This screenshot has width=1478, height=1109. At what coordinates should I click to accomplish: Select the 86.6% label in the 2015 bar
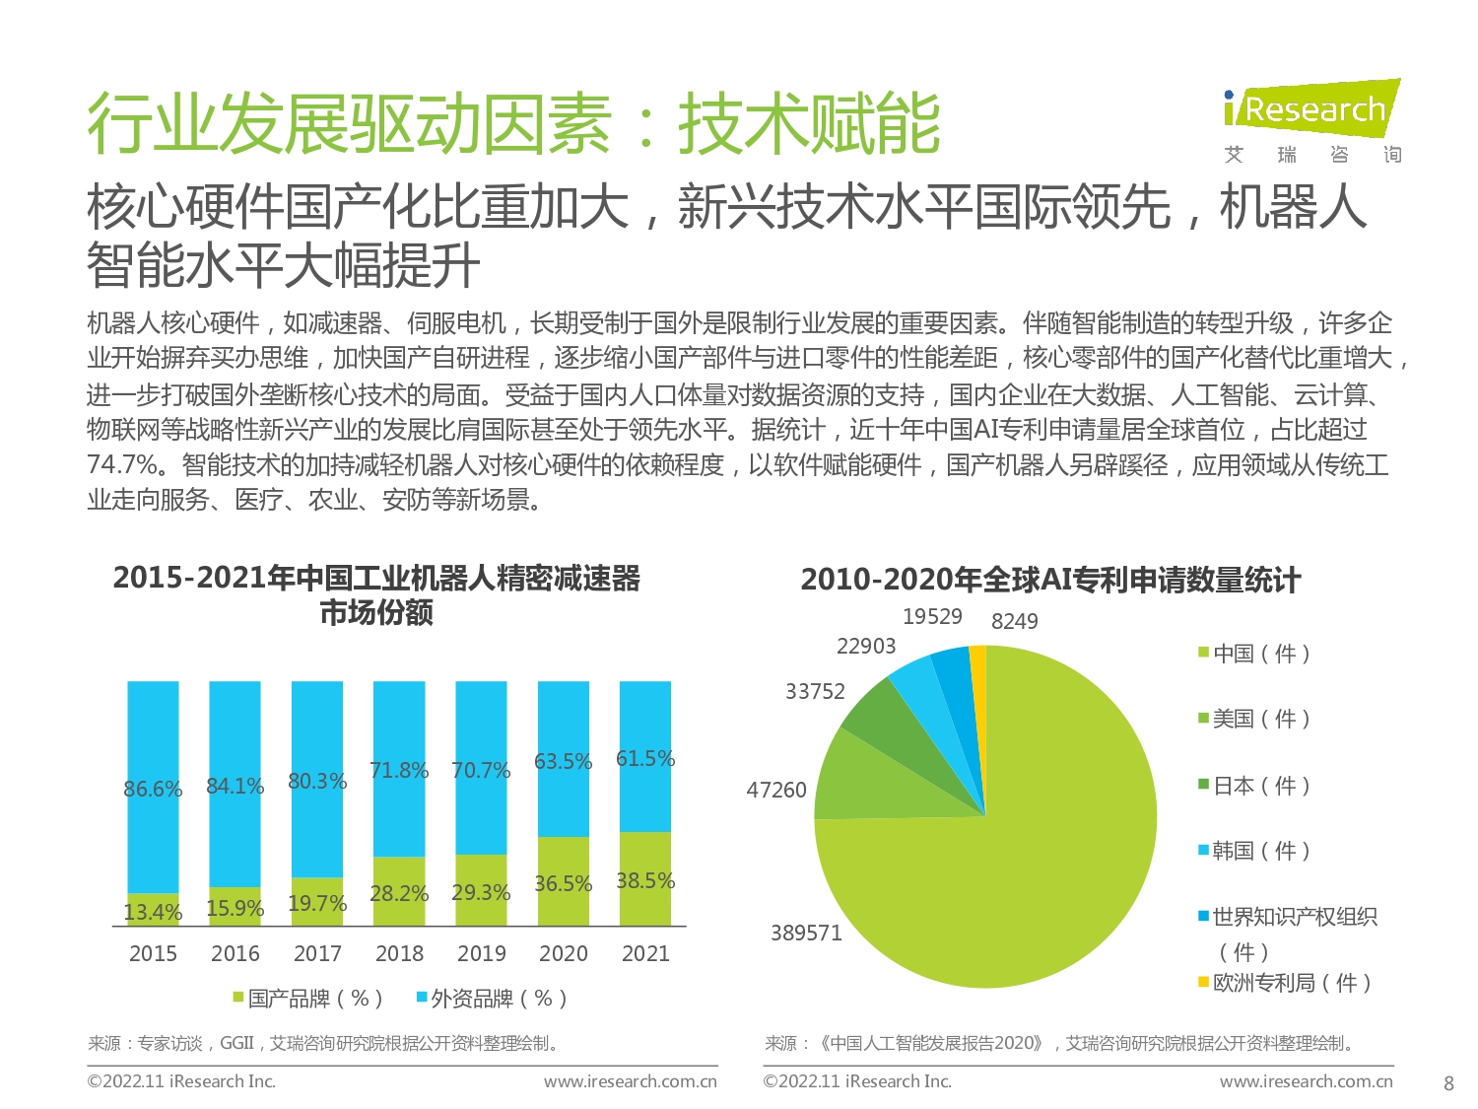click(153, 790)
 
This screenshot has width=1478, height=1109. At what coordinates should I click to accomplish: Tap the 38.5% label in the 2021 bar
click(645, 881)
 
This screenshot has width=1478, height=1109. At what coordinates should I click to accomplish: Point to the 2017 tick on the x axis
click(317, 954)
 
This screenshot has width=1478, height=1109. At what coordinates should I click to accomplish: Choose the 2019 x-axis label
click(481, 954)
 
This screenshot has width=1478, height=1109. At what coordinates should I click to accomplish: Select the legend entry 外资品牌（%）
click(492, 999)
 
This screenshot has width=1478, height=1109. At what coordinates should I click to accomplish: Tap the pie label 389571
click(806, 934)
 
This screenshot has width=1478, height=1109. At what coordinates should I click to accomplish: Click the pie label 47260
click(776, 791)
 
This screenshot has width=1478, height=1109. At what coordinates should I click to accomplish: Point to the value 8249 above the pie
click(1014, 621)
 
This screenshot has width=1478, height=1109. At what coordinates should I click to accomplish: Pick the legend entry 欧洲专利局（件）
click(1285, 983)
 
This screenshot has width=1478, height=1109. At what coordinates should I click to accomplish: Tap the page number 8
click(1448, 1083)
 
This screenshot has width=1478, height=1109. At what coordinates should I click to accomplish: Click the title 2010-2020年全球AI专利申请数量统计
click(1050, 580)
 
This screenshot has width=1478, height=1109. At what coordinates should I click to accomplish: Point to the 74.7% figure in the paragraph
click(122, 465)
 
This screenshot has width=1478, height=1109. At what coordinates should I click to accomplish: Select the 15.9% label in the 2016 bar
click(235, 909)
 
